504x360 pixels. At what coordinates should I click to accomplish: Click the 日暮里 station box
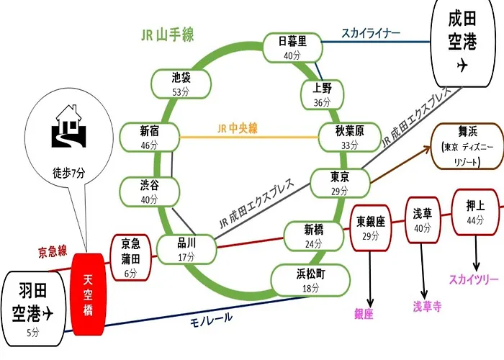pyautogui.click(x=292, y=48)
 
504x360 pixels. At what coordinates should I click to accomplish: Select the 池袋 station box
pyautogui.click(x=181, y=84)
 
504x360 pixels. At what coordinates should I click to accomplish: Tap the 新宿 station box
pyautogui.click(x=150, y=138)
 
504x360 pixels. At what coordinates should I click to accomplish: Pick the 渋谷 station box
pyautogui.click(x=150, y=192)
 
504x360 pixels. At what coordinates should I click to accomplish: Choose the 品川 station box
pyautogui.click(x=186, y=250)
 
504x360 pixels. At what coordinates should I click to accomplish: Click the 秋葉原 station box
pyautogui.click(x=350, y=138)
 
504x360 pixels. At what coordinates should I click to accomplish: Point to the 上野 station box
pyautogui.click(x=322, y=94)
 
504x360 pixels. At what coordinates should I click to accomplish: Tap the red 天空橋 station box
pyautogui.click(x=89, y=294)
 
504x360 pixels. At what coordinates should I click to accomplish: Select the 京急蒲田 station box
pyautogui.click(x=130, y=258)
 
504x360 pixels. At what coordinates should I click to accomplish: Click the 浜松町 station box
pyautogui.click(x=310, y=281)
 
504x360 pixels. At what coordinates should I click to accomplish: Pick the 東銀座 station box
pyautogui.click(x=370, y=228)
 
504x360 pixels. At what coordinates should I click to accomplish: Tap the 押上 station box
pyautogui.click(x=475, y=212)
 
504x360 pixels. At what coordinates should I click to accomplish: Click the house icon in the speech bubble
pyautogui.click(x=69, y=126)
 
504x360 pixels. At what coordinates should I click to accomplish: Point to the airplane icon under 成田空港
pyautogui.click(x=462, y=66)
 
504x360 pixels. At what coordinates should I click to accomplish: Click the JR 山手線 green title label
pyautogui.click(x=168, y=35)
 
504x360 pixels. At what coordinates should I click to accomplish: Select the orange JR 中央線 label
pyautogui.click(x=238, y=129)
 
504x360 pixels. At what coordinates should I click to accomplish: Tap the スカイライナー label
pyautogui.click(x=371, y=33)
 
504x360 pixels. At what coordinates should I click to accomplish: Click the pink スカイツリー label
pyautogui.click(x=474, y=279)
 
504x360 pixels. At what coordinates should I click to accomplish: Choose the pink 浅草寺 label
pyautogui.click(x=427, y=306)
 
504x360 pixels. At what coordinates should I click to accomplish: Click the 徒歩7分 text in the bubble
pyautogui.click(x=69, y=174)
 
